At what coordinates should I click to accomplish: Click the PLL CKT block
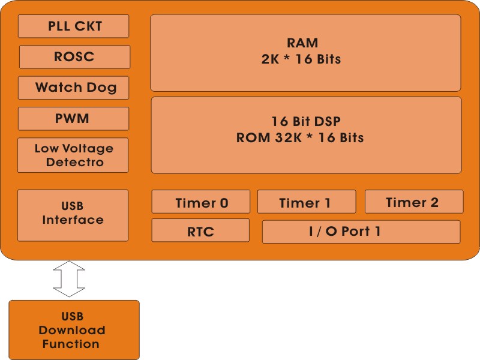pyautogui.click(x=74, y=26)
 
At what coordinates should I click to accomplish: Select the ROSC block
pyautogui.click(x=74, y=57)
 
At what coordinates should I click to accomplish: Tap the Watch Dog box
pyautogui.click(x=74, y=88)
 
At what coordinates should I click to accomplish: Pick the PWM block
pyautogui.click(x=73, y=118)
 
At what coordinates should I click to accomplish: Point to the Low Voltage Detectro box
pyautogui.click(x=73, y=155)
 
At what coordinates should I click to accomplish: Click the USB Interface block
pyautogui.click(x=73, y=215)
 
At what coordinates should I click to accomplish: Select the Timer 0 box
pyautogui.click(x=201, y=203)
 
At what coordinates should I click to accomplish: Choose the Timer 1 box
pyautogui.click(x=306, y=203)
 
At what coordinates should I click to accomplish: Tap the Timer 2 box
pyautogui.click(x=413, y=202)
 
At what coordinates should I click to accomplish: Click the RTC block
pyautogui.click(x=200, y=231)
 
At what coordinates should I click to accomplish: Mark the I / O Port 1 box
pyautogui.click(x=361, y=231)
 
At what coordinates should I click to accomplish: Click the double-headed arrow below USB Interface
pyautogui.click(x=70, y=278)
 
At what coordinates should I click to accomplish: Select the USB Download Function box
pyautogui.click(x=74, y=330)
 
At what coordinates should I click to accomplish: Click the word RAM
pyautogui.click(x=302, y=43)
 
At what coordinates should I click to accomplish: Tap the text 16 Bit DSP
pyautogui.click(x=306, y=121)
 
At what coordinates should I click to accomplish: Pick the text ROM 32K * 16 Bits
pyautogui.click(x=300, y=137)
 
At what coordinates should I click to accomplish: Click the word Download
pyautogui.click(x=72, y=330)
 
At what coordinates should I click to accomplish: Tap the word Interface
pyautogui.click(x=73, y=220)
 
